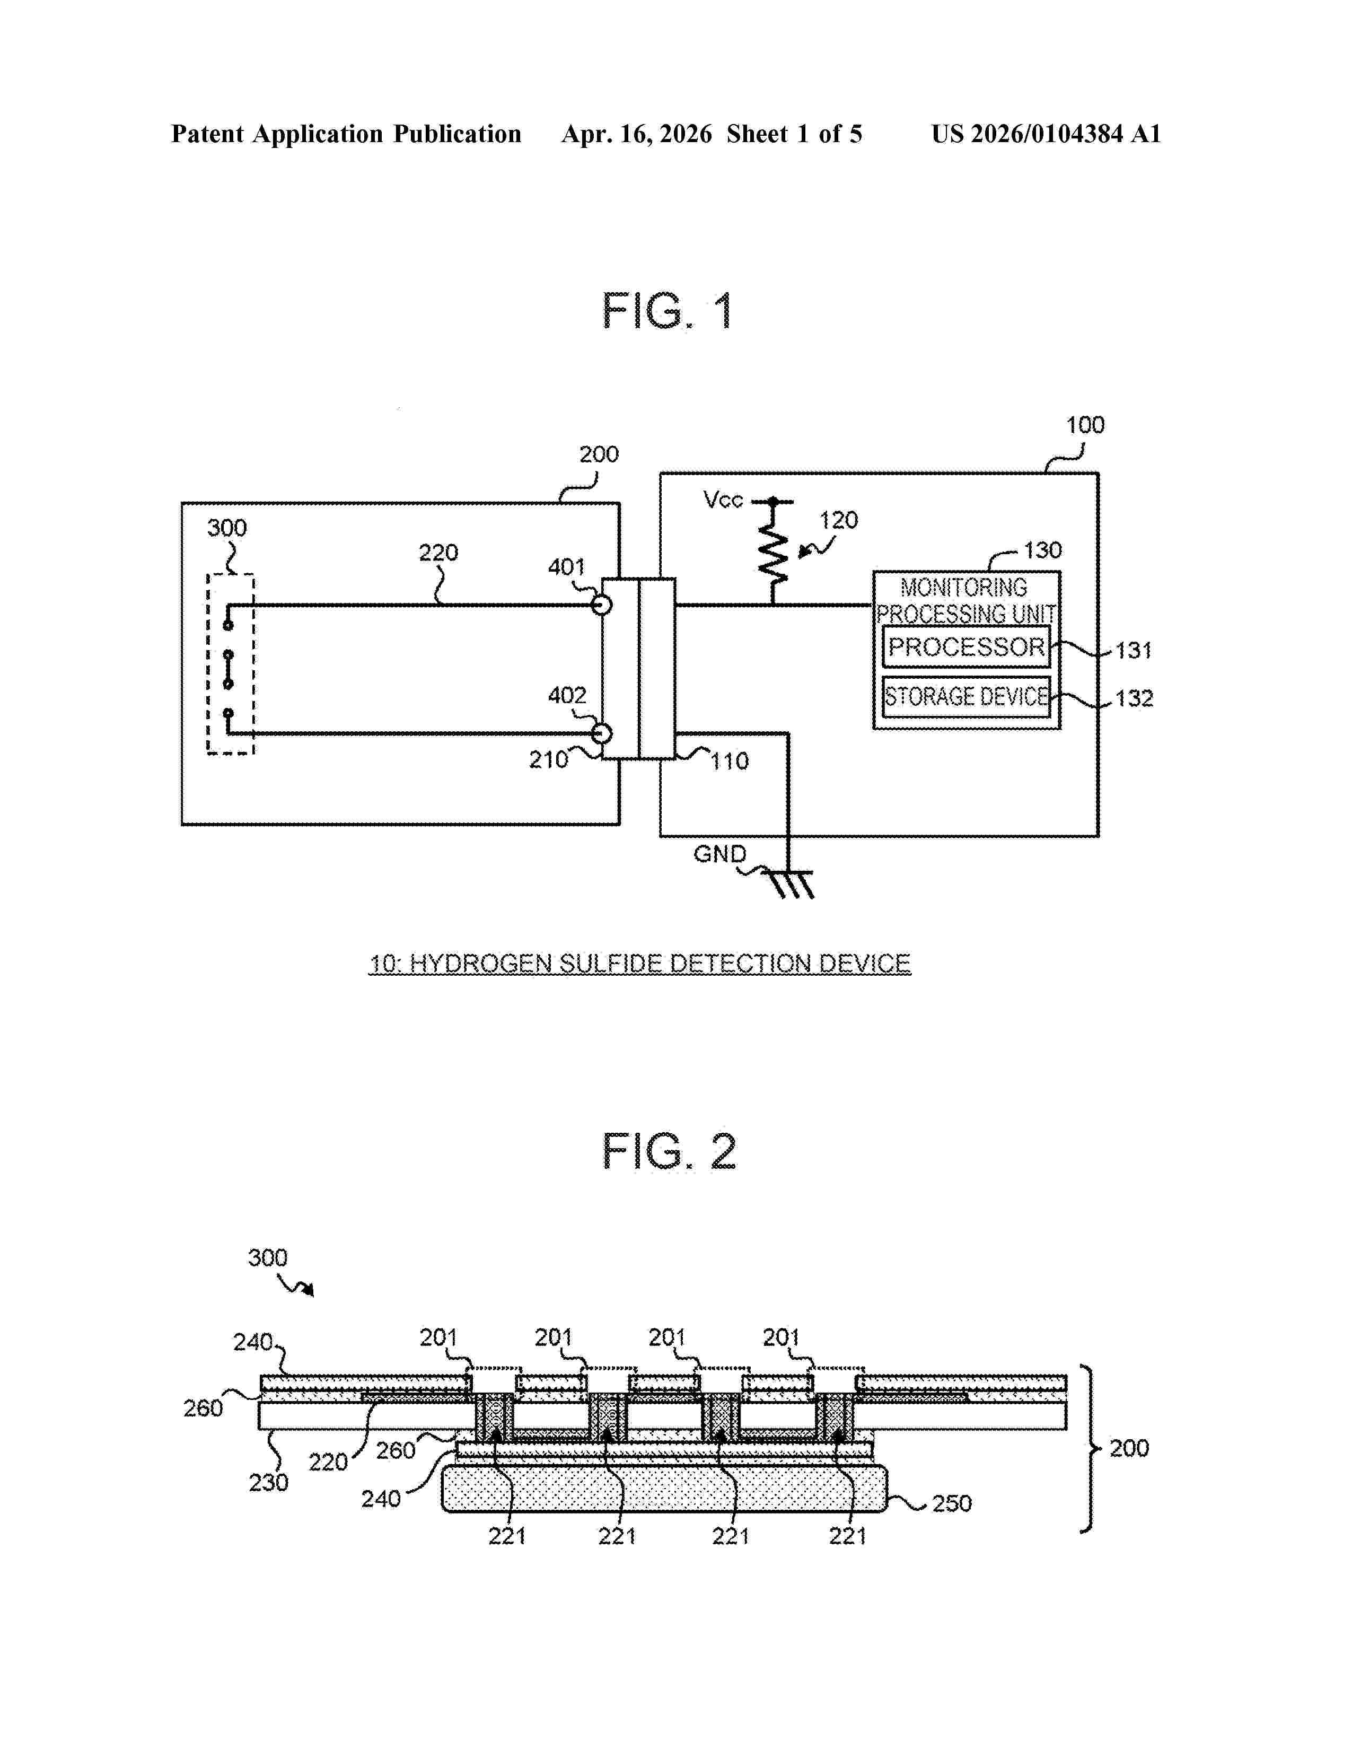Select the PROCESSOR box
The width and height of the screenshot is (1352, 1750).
pos(966,646)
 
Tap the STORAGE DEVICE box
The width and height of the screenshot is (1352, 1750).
pos(966,696)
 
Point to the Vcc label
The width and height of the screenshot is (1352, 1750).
pos(723,500)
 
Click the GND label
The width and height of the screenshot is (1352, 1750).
pos(719,854)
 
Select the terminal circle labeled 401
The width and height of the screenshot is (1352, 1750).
pos(602,604)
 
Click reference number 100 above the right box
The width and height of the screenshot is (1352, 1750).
pos(1084,425)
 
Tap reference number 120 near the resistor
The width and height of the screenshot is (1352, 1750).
pos(838,521)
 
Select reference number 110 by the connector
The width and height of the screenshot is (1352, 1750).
pos(730,761)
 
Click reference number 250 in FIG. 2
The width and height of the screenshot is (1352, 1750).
pos(952,1503)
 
